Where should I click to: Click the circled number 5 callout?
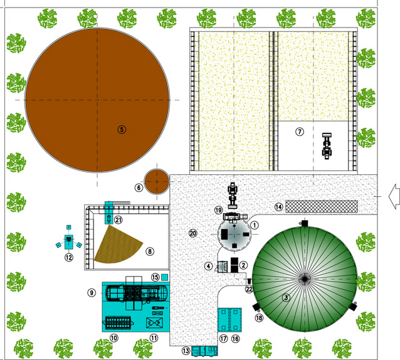coord(122,130)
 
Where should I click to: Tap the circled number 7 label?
coord(300,132)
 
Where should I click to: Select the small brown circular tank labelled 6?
coord(157,181)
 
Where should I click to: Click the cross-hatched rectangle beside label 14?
coord(322,206)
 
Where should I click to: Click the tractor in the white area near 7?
coord(327,146)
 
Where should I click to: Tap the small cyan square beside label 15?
coord(164,277)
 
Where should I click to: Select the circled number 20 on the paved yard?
coord(193,233)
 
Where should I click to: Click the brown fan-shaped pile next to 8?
coord(118,245)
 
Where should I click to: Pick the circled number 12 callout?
coord(68,257)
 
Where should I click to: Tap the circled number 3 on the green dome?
coord(287,297)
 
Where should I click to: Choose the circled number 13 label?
coord(186,351)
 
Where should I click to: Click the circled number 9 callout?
coord(92,293)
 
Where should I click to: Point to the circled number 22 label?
coord(249,289)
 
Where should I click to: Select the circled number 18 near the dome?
coord(259,317)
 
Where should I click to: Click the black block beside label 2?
coord(234,265)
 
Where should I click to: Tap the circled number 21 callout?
coord(118,220)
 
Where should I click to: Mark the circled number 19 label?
coord(219,210)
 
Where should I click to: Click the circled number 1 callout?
coord(255,225)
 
